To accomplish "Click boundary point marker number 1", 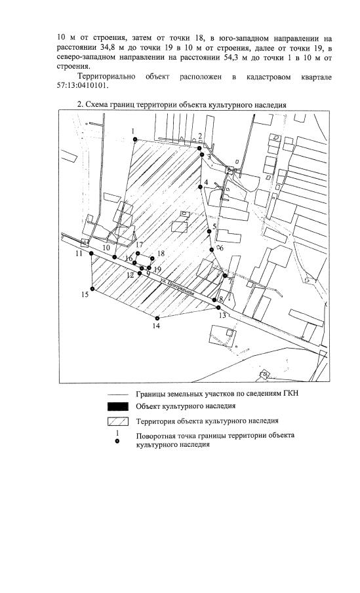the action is click(134, 140).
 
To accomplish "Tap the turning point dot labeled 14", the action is click(157, 318).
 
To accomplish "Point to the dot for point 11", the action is click(91, 254).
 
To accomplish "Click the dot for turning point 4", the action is click(200, 187).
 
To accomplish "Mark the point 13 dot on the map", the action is click(218, 307).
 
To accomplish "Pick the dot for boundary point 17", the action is click(138, 253).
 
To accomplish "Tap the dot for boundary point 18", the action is click(152, 258).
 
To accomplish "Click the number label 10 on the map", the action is click(106, 247).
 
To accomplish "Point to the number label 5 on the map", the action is click(214, 227).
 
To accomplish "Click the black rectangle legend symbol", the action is click(118, 406).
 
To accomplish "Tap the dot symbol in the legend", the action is click(118, 440).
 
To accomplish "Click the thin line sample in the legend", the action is click(118, 394).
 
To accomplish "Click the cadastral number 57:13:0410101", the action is click(83, 85).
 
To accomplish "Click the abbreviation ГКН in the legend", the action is click(291, 394).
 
